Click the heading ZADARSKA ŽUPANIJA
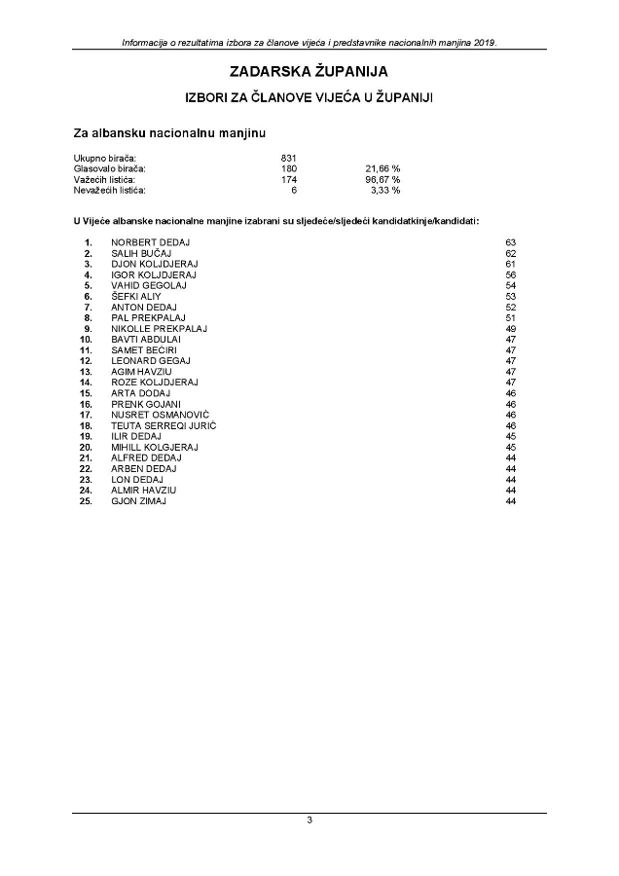[309, 72]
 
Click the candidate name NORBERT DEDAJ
[151, 241]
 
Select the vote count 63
[510, 241]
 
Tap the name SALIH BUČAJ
[142, 252]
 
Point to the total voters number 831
[288, 158]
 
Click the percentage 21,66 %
[382, 168]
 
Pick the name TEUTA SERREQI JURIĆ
[164, 425]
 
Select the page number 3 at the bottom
[309, 821]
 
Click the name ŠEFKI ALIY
[136, 296]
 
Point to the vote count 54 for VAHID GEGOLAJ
[510, 285]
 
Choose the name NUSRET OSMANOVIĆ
[160, 415]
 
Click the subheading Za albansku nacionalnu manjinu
[170, 131]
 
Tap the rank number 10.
[86, 339]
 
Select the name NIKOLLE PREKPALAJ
[160, 328]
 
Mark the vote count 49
[510, 328]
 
